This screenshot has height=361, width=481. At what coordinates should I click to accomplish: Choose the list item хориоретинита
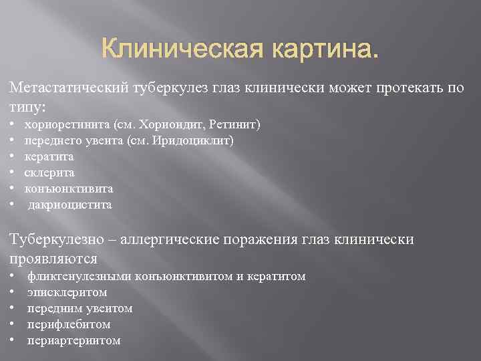[x=67, y=124]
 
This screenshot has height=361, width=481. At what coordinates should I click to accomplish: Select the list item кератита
[x=49, y=156]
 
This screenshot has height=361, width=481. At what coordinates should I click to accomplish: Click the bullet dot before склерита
[x=13, y=173]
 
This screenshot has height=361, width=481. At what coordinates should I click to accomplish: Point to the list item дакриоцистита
[x=69, y=205]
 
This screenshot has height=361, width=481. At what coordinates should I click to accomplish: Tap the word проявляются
[x=53, y=257]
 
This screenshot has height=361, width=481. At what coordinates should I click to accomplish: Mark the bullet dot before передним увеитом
[x=13, y=309]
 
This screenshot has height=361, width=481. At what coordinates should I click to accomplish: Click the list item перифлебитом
[x=69, y=324]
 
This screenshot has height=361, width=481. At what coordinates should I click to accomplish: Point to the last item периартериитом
[x=73, y=340]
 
